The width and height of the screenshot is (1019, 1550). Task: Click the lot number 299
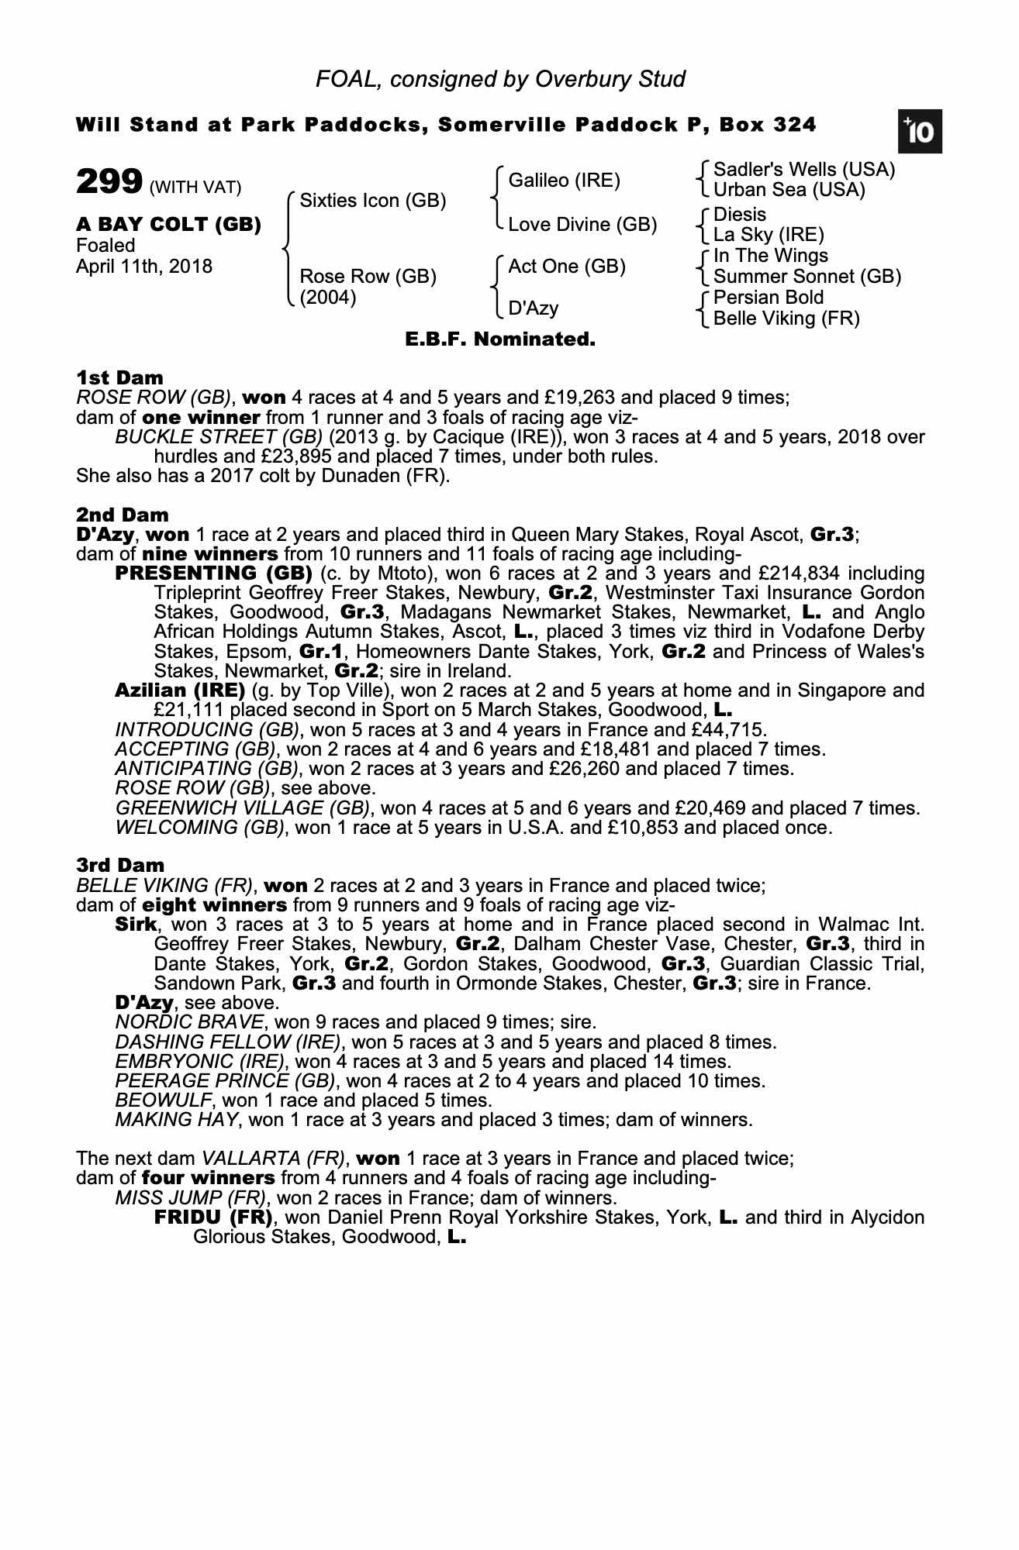point(109,182)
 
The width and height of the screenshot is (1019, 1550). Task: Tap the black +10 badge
point(920,133)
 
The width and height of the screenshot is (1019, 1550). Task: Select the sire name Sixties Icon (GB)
point(372,201)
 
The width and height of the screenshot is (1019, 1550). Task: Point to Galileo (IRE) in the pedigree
point(564,181)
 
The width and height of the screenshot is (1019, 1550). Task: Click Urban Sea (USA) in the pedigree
point(789,190)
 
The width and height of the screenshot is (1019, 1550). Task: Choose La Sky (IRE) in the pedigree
point(769,235)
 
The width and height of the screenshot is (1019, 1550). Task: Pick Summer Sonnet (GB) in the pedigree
point(807,277)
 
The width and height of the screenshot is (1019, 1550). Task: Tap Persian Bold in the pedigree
point(768,298)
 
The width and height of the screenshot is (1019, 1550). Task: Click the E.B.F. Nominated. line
point(500,339)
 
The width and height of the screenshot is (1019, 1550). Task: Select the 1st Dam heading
point(119,377)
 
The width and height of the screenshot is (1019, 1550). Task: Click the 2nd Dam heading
point(123,515)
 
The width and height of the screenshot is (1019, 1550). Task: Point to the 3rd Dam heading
point(120,865)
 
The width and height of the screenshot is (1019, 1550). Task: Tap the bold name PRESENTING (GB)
point(213,573)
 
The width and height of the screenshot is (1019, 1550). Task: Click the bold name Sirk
point(136,925)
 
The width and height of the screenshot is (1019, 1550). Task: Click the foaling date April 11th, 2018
point(144,267)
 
